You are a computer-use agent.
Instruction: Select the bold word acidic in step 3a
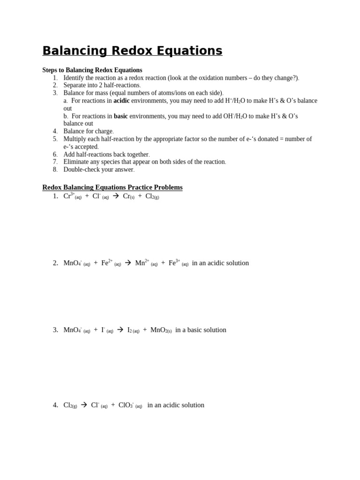pos(121,101)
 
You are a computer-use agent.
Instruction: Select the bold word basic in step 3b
pos(120,116)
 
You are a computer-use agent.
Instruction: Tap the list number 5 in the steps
pos(55,139)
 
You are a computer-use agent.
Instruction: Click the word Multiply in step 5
pos(75,139)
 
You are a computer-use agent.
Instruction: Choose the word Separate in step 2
pos(75,85)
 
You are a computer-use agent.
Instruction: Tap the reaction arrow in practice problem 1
pos(115,196)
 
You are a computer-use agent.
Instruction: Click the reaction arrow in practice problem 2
pos(127,263)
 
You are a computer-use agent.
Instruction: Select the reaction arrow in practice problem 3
pos(120,330)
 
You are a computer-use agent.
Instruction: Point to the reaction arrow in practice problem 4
pos(84,405)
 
